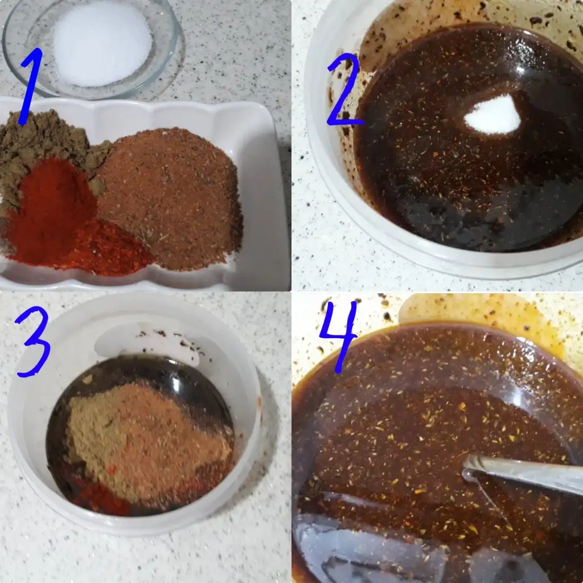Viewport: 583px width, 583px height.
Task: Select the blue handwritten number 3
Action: [x=34, y=342]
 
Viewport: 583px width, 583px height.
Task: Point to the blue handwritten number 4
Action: [x=338, y=335]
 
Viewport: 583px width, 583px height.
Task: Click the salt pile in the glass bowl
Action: [x=102, y=44]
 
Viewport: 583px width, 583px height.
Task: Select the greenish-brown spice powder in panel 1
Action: [x=41, y=149]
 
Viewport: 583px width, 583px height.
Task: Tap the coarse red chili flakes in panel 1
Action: [x=108, y=249]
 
